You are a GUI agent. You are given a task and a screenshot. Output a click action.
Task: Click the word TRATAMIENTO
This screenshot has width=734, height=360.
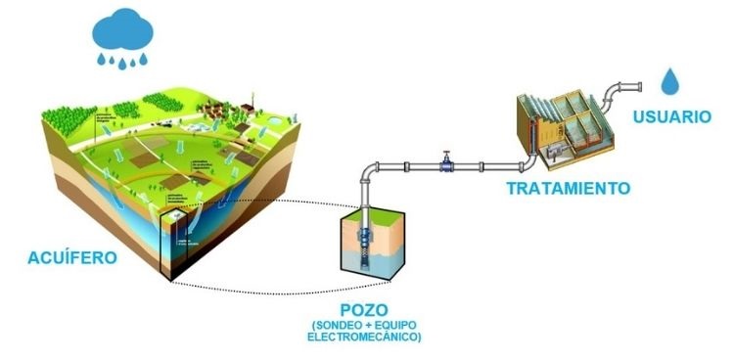click(568, 187)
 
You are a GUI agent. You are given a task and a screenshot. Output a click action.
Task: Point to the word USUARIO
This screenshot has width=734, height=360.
click(670, 116)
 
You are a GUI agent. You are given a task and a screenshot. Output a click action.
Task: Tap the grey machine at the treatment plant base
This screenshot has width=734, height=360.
click(559, 150)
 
